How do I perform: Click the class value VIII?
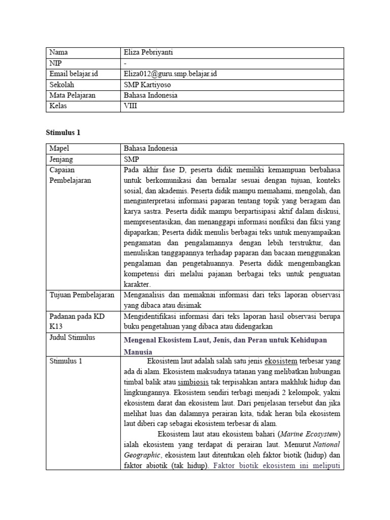(x=131, y=106)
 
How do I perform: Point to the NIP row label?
(x=55, y=63)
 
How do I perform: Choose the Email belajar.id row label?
(x=74, y=74)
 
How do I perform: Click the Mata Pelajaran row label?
(x=72, y=95)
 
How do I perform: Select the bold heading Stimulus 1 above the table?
(x=63, y=133)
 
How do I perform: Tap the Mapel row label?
(x=60, y=148)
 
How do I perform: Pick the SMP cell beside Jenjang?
(x=131, y=159)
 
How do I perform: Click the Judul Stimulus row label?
(x=73, y=337)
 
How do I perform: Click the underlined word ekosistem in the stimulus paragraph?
(x=281, y=361)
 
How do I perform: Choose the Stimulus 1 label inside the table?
(x=68, y=361)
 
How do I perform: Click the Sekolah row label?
(x=62, y=84)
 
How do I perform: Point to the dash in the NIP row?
(x=125, y=63)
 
